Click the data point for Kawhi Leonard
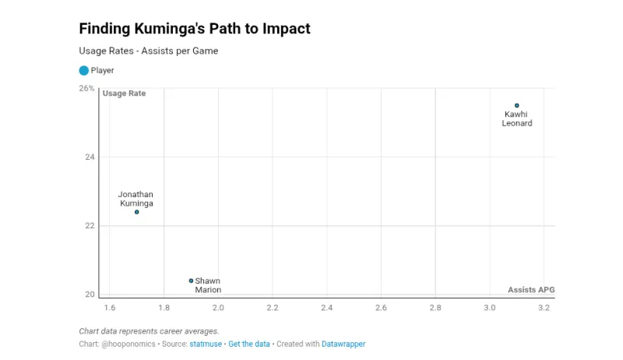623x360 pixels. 516,105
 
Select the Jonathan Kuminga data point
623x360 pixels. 136,212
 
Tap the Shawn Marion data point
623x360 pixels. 191,281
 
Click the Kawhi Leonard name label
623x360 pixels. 516,118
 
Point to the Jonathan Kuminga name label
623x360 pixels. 136,199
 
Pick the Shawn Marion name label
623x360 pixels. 208,285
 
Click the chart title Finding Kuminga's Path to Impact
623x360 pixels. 195,29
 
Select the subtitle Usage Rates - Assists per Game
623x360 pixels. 148,51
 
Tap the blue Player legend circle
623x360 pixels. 84,70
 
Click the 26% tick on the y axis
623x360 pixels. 86,89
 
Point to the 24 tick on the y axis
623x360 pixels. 90,157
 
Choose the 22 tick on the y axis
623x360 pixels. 90,226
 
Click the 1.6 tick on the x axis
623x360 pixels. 109,309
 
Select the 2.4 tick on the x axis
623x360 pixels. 326,309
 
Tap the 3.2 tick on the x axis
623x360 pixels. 544,309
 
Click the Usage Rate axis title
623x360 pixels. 125,94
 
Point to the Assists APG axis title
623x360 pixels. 531,290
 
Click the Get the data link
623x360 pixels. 249,344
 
